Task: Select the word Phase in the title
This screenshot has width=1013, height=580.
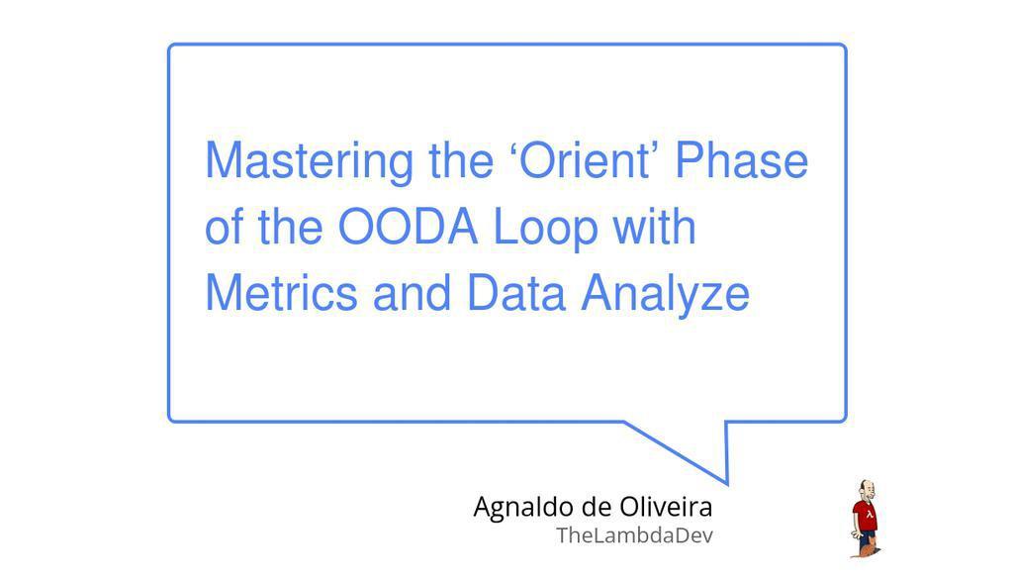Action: pyautogui.click(x=742, y=159)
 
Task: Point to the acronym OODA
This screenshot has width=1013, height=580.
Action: pyautogui.click(x=408, y=227)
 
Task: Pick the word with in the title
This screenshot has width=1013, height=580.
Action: pyautogui.click(x=654, y=227)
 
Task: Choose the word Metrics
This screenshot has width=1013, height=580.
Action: pyautogui.click(x=281, y=293)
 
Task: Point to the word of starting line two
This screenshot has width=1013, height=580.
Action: pyautogui.click(x=224, y=227)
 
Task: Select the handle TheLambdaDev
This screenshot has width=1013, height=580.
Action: pyautogui.click(x=634, y=535)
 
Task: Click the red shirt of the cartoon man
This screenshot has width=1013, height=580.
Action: pyautogui.click(x=866, y=516)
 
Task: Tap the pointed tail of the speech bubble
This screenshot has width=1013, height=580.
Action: pyautogui.click(x=727, y=482)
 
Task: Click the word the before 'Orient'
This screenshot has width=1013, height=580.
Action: pyautogui.click(x=461, y=159)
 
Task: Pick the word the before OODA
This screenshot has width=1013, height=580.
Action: pyautogui.click(x=290, y=227)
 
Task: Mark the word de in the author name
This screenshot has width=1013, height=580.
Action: pyautogui.click(x=597, y=507)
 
